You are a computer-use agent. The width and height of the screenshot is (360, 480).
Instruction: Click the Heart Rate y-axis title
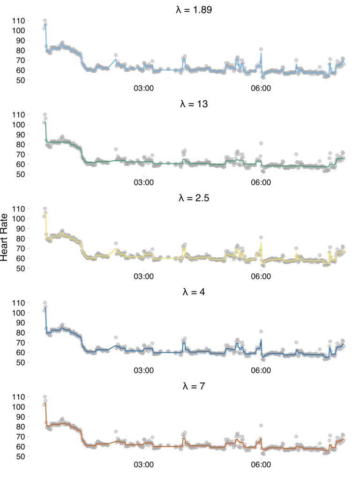[x=5, y=239]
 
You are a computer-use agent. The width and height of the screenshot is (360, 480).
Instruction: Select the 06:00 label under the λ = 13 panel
[x=261, y=182]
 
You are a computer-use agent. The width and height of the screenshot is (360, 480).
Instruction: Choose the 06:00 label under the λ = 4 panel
[x=261, y=371]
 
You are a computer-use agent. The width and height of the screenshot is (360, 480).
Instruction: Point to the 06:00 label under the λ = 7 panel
[x=261, y=465]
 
